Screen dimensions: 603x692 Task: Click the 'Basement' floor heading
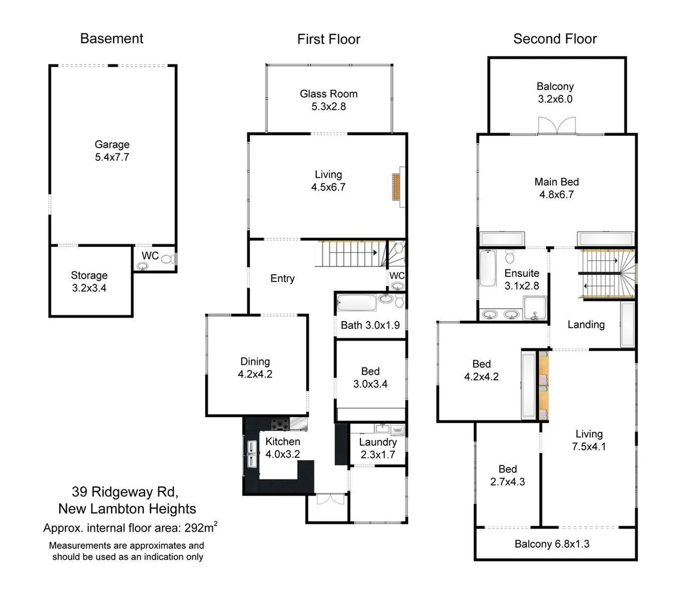pyautogui.click(x=112, y=39)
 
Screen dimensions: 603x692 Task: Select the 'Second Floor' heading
pyautogui.click(x=554, y=39)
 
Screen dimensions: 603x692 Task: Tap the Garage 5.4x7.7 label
pyautogui.click(x=112, y=151)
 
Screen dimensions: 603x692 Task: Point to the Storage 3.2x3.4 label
pyautogui.click(x=89, y=281)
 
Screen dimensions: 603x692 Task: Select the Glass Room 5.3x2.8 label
pyautogui.click(x=328, y=100)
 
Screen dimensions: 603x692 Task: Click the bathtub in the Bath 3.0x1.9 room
pyautogui.click(x=357, y=303)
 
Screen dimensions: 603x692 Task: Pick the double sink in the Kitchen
pyautogui.click(x=251, y=453)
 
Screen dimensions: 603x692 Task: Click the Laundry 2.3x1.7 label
pyautogui.click(x=378, y=448)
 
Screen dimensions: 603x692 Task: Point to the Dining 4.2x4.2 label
pyautogui.click(x=255, y=368)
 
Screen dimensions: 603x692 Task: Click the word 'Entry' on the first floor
pyautogui.click(x=282, y=279)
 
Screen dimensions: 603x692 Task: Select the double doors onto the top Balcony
pyautogui.click(x=556, y=126)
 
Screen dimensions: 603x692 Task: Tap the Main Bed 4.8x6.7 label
pyautogui.click(x=556, y=188)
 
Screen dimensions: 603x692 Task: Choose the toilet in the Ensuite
pyautogui.click(x=510, y=256)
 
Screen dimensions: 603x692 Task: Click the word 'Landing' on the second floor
pyautogui.click(x=585, y=324)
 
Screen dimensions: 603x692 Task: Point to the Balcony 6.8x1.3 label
pyautogui.click(x=551, y=544)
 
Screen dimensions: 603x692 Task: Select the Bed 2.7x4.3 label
pyautogui.click(x=507, y=475)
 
